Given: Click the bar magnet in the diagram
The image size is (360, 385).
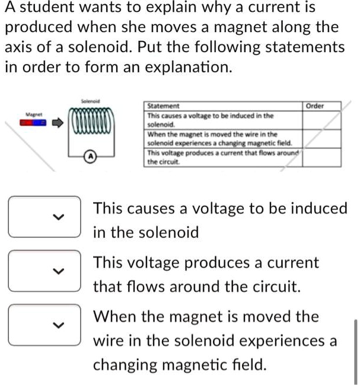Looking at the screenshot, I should pyautogui.click(x=33, y=123).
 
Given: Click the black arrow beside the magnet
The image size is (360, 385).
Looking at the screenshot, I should pyautogui.click(x=56, y=123).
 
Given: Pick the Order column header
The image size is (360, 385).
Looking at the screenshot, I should pyautogui.click(x=314, y=106).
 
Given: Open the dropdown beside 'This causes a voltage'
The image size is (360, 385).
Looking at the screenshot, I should pyautogui.click(x=44, y=217).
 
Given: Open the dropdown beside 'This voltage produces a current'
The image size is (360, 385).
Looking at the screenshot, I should pyautogui.click(x=44, y=271).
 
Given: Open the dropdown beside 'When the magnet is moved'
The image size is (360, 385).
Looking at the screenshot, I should pyautogui.click(x=44, y=324).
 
